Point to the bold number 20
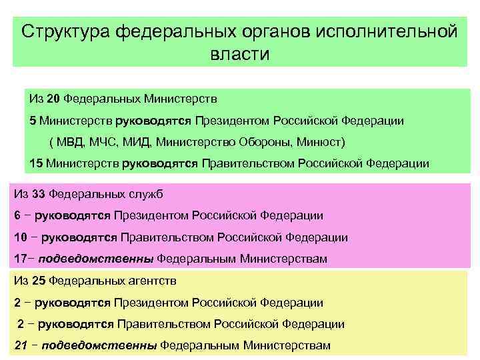[54, 99]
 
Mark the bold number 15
[36, 163]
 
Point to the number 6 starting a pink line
[17, 215]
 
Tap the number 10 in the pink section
[20, 237]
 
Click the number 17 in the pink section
[20, 259]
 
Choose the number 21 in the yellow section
[20, 345]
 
